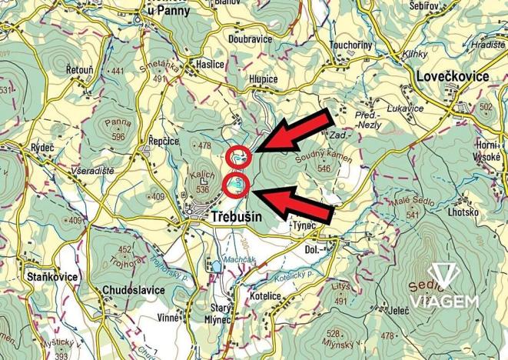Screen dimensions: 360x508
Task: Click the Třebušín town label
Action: pos(235,218)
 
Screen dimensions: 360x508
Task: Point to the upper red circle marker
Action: pos(239,155)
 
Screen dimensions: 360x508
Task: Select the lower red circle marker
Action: pos(236,185)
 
